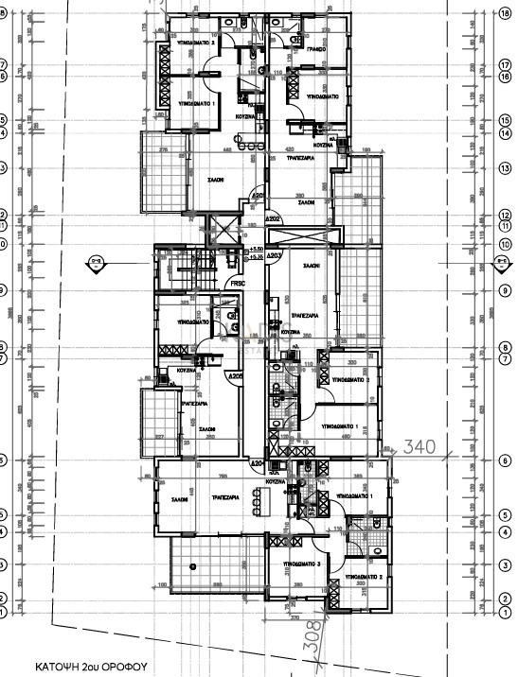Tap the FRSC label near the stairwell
point(237,281)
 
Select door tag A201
point(257,197)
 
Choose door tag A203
point(275,255)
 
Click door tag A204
point(257,464)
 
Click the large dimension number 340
point(418,444)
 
